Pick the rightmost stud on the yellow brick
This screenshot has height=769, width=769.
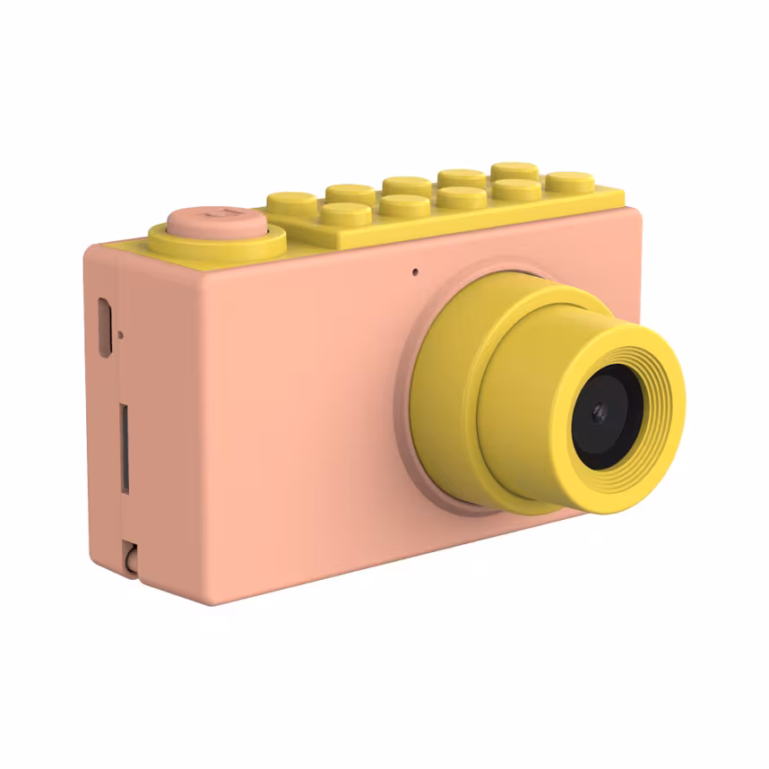pos(570,180)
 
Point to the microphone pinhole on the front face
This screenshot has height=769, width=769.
pos(415,271)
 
